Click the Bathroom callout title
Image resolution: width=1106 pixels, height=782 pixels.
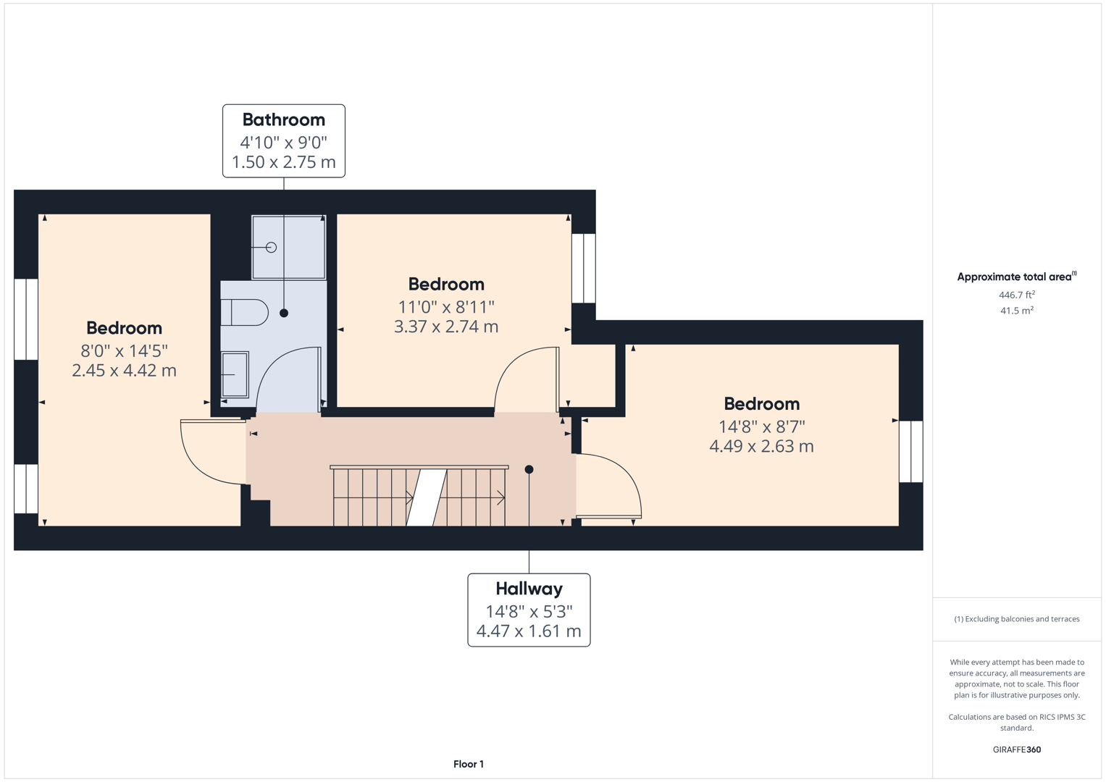click(x=283, y=119)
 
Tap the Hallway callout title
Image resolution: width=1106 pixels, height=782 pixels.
click(x=529, y=589)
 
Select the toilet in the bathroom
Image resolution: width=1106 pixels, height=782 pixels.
click(x=246, y=313)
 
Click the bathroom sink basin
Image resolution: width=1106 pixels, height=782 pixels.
click(x=235, y=374)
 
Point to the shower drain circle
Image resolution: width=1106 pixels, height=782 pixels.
click(x=271, y=248)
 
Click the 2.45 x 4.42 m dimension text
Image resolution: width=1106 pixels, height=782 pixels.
click(x=124, y=371)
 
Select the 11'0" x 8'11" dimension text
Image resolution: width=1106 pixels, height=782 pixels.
click(x=446, y=307)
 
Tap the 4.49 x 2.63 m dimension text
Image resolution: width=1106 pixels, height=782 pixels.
click(x=761, y=447)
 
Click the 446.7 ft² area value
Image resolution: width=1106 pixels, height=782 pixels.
click(x=1016, y=295)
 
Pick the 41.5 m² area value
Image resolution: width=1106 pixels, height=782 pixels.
click(x=1016, y=311)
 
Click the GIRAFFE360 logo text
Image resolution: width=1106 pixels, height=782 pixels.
click(x=1016, y=749)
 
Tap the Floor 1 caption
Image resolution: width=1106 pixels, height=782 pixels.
click(x=469, y=764)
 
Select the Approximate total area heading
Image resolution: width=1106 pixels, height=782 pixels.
click(x=1016, y=277)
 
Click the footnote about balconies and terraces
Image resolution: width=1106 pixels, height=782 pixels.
click(x=1016, y=619)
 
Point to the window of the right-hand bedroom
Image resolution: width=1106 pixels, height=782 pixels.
click(x=910, y=451)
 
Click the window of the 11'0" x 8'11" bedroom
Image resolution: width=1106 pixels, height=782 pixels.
click(x=584, y=268)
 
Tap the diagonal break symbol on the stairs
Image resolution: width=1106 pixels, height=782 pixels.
click(x=426, y=497)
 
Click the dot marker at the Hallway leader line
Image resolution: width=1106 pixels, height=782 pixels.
click(x=529, y=470)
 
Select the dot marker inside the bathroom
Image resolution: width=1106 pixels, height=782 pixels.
click(x=284, y=314)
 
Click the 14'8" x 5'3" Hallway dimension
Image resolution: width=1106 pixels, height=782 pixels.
click(x=529, y=612)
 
